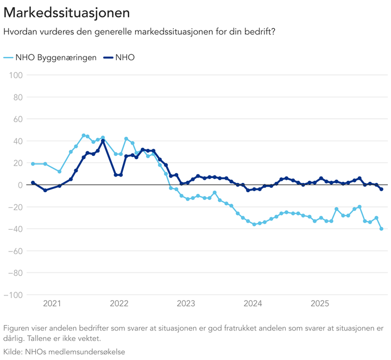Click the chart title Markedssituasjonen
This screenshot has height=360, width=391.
coord(66,11)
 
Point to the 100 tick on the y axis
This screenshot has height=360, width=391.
coord(15,75)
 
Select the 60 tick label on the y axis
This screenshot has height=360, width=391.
coord(16,119)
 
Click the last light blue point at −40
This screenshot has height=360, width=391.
coord(382,229)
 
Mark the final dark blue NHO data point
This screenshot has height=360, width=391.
coord(382,189)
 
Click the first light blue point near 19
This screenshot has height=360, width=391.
coord(33,163)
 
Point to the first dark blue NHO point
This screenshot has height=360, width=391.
coord(33,183)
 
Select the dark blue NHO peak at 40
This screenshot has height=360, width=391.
coord(103,141)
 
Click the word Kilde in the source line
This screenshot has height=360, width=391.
coord(13,351)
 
